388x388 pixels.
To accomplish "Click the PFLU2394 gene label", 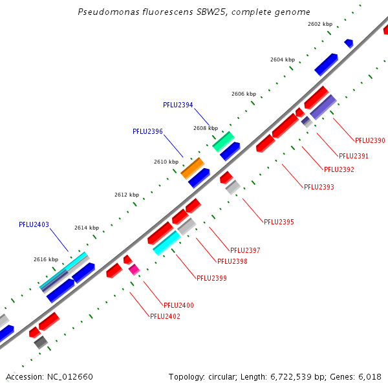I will (x=178, y=105).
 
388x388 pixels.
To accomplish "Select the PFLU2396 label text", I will (x=147, y=131).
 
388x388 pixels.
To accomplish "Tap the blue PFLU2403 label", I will (x=34, y=225).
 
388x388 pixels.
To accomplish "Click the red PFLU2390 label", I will (x=370, y=140).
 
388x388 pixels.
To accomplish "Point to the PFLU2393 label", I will (x=319, y=187).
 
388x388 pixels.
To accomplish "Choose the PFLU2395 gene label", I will (x=279, y=222).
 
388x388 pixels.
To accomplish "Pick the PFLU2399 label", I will (x=211, y=278).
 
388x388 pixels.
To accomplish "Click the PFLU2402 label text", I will (x=165, y=316).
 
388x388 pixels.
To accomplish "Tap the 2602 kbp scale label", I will (x=319, y=24).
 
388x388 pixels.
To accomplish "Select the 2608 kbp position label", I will (x=205, y=128).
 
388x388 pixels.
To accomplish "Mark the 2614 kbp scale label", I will (x=86, y=228).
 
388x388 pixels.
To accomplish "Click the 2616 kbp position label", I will (x=46, y=259).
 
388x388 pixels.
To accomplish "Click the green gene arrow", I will (x=223, y=141).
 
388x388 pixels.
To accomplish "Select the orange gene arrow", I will (x=192, y=168).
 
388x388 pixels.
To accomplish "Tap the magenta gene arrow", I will (x=134, y=270).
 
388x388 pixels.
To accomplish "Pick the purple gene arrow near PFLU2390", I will (x=323, y=107).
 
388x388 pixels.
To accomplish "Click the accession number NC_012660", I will (x=72, y=376).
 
